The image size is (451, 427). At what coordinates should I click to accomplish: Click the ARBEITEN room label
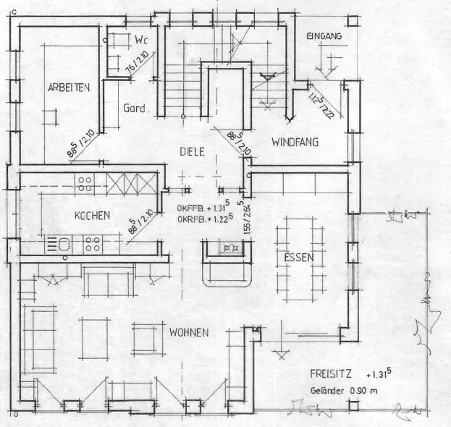(x=69, y=88)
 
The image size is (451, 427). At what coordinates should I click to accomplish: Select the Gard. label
(x=135, y=109)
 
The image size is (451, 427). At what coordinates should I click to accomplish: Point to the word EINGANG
(x=324, y=35)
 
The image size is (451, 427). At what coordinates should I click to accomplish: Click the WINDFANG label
(x=295, y=143)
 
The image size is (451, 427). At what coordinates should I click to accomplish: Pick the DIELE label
(x=193, y=151)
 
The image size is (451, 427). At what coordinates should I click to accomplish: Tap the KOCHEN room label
(x=92, y=215)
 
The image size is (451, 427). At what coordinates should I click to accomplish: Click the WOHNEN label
(x=189, y=332)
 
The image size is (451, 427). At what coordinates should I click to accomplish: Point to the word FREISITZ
(x=330, y=376)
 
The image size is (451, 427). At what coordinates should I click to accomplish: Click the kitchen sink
(x=62, y=244)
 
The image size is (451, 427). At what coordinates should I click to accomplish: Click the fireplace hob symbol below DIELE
(x=231, y=248)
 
